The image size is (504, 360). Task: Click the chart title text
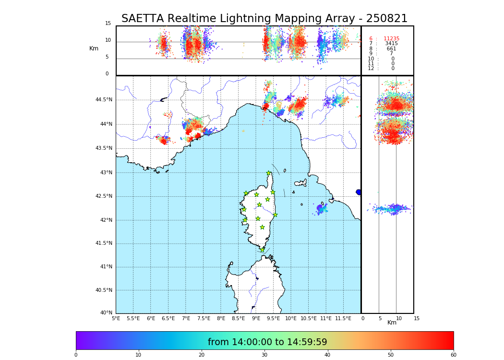264,19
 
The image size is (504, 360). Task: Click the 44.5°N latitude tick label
104,100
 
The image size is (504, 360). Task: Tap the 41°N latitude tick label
106,267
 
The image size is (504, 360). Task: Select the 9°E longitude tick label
256,318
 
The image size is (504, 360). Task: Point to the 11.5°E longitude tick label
343,318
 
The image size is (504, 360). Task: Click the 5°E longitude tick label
116,318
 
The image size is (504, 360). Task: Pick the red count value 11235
391,39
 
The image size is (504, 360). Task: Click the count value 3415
391,44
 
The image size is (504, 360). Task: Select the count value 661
391,49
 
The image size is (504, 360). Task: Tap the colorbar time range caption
267,342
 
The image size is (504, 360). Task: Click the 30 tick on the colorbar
264,355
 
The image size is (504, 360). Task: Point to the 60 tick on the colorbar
453,355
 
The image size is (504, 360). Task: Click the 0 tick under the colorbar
76,355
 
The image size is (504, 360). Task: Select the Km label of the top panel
94,48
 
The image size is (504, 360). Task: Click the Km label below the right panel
392,323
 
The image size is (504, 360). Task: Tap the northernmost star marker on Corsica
269,173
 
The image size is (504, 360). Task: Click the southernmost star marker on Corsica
262,250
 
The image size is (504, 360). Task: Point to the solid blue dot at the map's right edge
359,192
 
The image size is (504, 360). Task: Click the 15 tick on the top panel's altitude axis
108,24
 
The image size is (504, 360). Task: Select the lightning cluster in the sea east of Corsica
321,208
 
